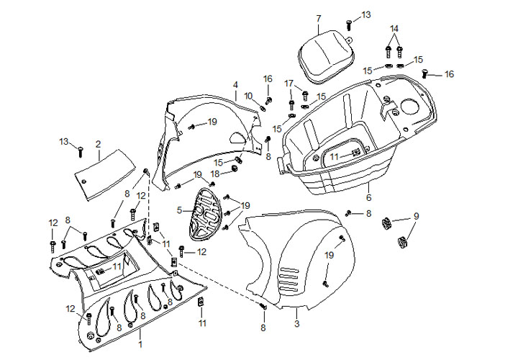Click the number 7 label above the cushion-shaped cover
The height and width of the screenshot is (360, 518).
point(319,18)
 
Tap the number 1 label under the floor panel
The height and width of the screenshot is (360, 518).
point(140,336)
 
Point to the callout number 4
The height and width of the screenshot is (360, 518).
point(235,85)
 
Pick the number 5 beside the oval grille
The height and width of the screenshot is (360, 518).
point(179,212)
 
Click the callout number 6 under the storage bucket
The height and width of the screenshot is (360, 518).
point(368,197)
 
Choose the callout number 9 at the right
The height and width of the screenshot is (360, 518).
point(415,216)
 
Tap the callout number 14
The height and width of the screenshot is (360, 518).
point(394,29)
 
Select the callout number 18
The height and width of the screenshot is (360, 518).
point(215,174)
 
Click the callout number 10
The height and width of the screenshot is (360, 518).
point(247,96)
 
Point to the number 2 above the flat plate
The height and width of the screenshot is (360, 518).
point(98,145)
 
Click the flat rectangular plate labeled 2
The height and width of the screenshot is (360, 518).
point(106,172)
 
